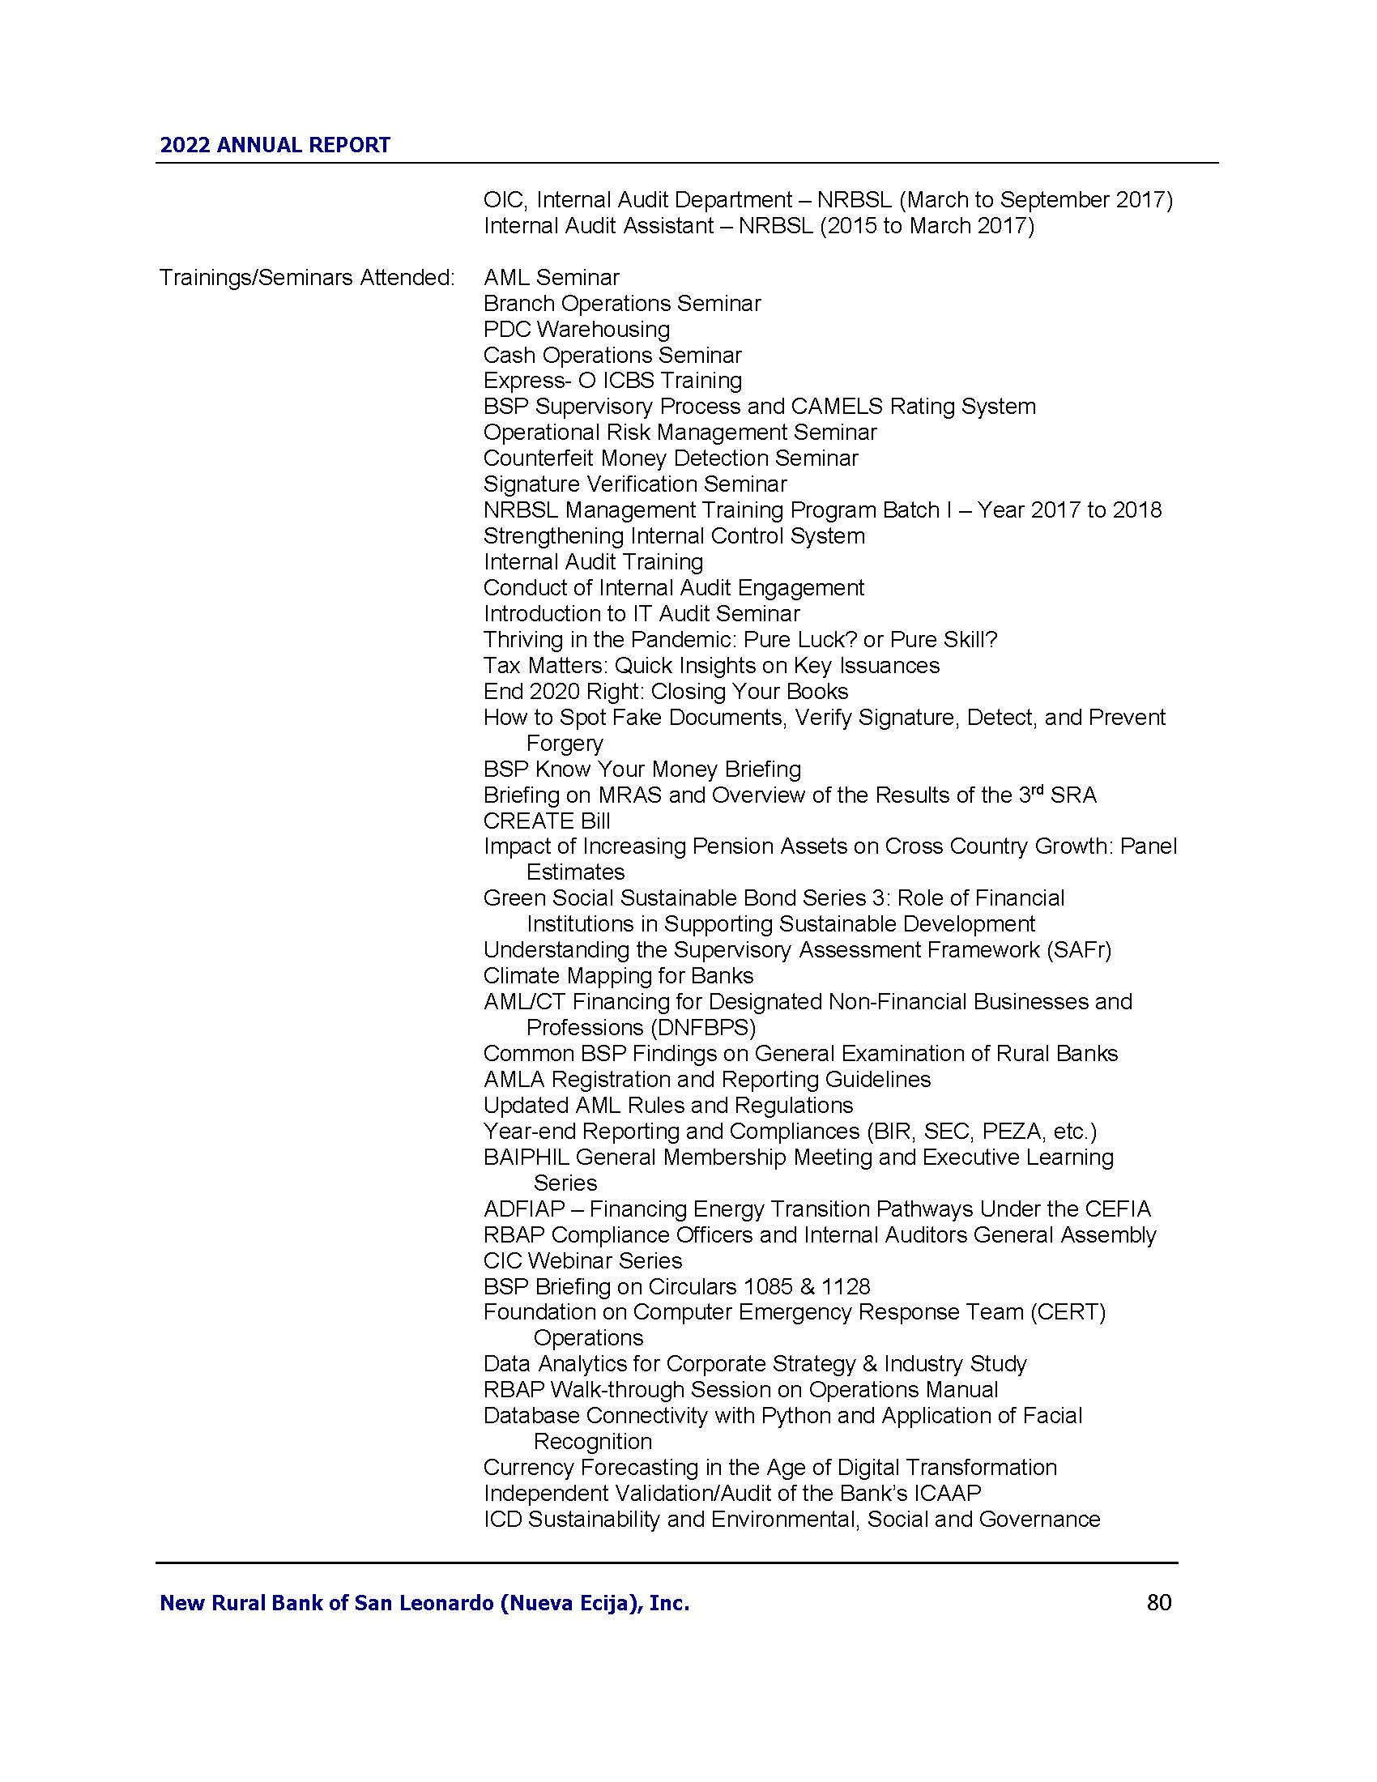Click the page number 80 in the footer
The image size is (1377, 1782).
[x=1158, y=1602]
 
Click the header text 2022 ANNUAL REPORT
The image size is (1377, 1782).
[x=275, y=145]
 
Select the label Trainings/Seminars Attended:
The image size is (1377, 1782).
[x=307, y=277]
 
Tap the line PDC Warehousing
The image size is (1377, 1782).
[x=576, y=330]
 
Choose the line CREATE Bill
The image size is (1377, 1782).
[x=546, y=821]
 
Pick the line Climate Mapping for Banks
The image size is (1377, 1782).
[x=617, y=976]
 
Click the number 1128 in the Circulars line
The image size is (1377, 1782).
[x=846, y=1287]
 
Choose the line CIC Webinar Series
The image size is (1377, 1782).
[x=582, y=1260]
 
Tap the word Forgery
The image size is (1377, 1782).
[x=565, y=744]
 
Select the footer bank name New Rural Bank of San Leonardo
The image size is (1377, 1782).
[x=424, y=1603]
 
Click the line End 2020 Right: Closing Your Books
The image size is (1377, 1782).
[x=665, y=692]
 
